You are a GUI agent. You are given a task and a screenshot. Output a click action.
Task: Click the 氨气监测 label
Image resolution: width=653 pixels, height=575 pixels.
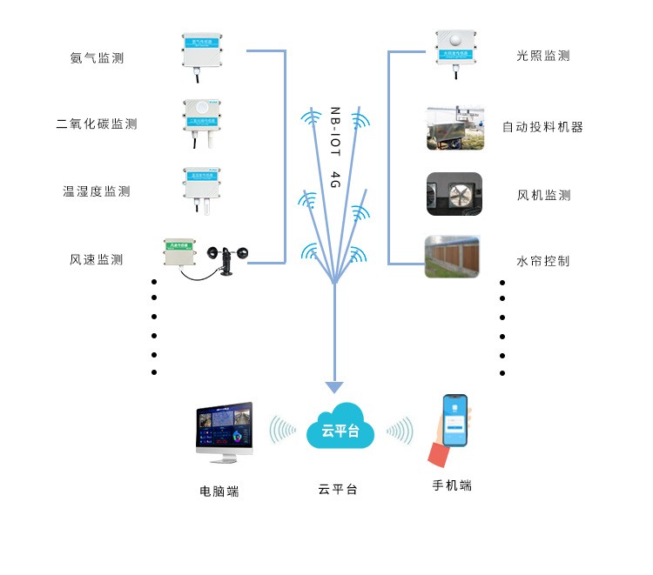tap(97, 58)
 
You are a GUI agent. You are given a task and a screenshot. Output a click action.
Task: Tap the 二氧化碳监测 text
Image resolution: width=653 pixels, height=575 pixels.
tap(97, 124)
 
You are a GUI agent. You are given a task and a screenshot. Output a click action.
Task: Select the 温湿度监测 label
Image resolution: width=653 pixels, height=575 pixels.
tap(97, 191)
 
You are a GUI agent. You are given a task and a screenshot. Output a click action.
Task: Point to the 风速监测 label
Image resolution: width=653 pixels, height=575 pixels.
tap(97, 259)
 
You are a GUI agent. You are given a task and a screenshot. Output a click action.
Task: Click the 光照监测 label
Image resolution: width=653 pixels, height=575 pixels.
tap(543, 56)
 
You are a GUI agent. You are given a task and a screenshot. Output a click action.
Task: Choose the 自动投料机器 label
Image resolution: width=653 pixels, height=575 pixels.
tap(542, 126)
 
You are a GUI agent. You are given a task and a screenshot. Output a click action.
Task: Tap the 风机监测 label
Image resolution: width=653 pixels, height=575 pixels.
tap(543, 196)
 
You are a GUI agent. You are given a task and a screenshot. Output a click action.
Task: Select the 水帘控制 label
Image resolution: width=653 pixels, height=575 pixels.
tap(543, 260)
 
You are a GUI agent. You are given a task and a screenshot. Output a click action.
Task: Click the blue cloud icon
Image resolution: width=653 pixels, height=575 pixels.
tap(340, 427)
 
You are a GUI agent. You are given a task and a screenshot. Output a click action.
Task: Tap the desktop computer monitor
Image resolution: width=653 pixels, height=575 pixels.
tap(225, 429)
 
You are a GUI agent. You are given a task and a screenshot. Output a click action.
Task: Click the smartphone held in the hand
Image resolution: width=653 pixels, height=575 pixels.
tap(454, 420)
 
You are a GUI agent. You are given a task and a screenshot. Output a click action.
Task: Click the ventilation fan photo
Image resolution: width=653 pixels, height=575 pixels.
tap(454, 194)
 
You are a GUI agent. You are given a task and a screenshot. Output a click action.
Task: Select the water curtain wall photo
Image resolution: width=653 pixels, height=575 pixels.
tap(452, 257)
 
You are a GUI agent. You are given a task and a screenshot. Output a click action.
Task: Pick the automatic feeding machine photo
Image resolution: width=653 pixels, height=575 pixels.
tap(454, 127)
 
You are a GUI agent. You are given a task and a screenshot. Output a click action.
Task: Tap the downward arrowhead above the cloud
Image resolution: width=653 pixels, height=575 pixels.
tap(334, 387)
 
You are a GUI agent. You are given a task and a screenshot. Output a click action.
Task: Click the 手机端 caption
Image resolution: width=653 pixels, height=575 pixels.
tap(452, 485)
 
